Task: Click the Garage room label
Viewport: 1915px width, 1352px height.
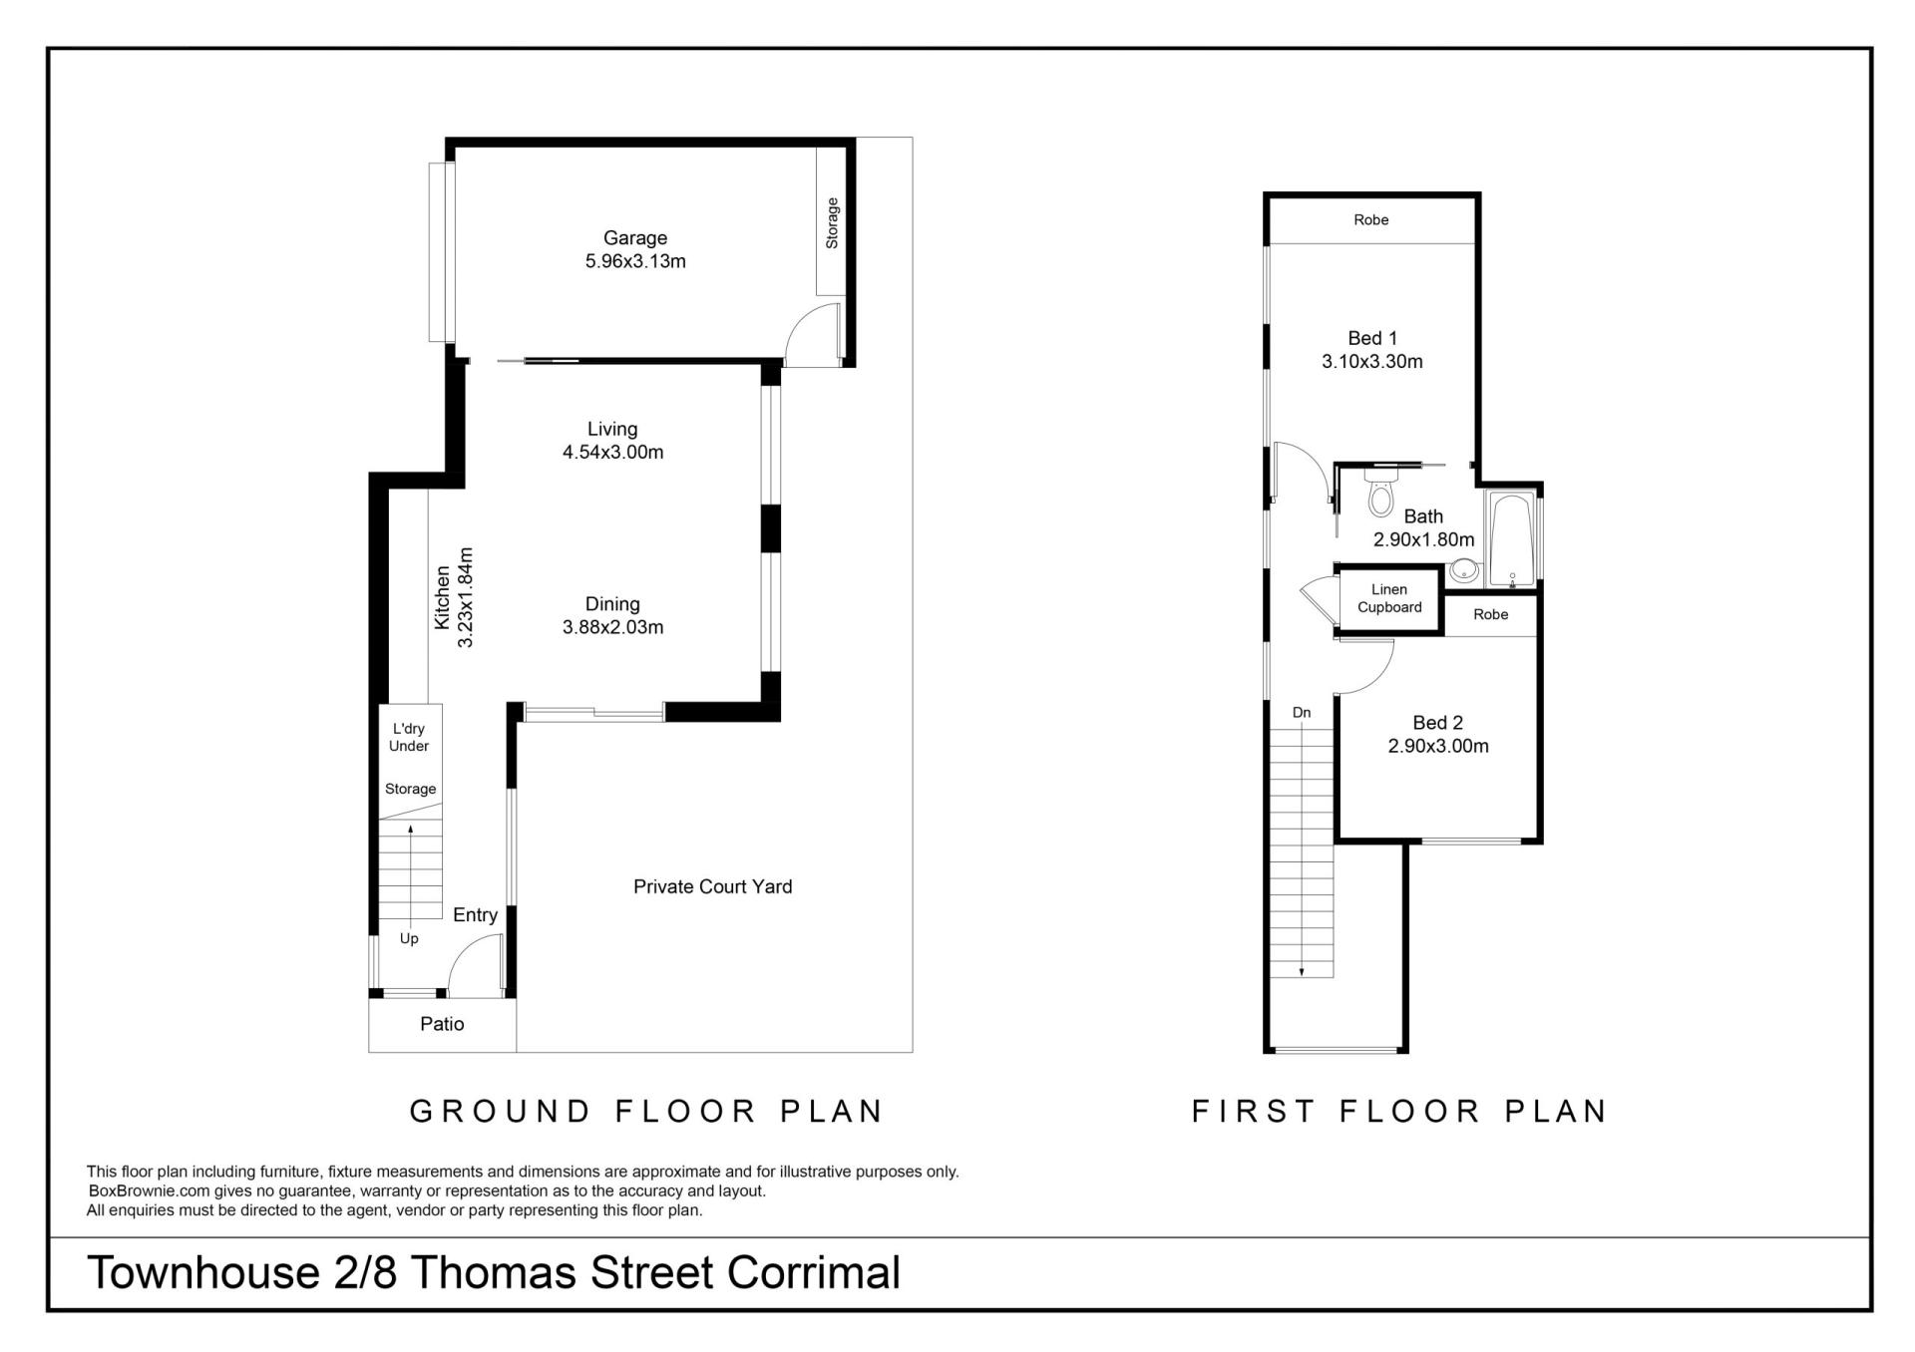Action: pyautogui.click(x=634, y=238)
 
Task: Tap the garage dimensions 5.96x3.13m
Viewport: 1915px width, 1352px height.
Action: pyautogui.click(x=635, y=262)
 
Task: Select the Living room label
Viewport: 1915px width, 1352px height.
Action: pyautogui.click(x=612, y=429)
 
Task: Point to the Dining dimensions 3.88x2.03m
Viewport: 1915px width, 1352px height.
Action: pyautogui.click(x=612, y=627)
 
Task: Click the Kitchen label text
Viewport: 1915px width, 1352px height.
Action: pyautogui.click(x=442, y=598)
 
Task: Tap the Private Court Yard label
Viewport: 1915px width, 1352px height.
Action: pyautogui.click(x=712, y=886)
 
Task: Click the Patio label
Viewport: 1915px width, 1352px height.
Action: pyautogui.click(x=442, y=1024)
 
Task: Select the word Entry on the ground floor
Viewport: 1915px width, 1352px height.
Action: pyautogui.click(x=475, y=915)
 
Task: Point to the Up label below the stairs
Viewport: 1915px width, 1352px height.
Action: pyautogui.click(x=409, y=939)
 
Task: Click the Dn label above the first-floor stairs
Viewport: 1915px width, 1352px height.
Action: pyautogui.click(x=1302, y=713)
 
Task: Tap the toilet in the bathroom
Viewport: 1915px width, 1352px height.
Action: pyautogui.click(x=1380, y=492)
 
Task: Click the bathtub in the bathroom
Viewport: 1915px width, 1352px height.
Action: pyautogui.click(x=1513, y=539)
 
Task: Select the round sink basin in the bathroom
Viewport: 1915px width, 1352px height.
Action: pyautogui.click(x=1464, y=570)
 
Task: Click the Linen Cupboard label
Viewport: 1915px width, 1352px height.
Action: pyautogui.click(x=1389, y=598)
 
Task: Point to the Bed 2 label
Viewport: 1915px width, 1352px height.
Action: pyautogui.click(x=1437, y=723)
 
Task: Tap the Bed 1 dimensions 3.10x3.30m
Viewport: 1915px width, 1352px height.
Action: pyautogui.click(x=1372, y=362)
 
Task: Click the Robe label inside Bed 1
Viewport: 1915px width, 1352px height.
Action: pyautogui.click(x=1371, y=219)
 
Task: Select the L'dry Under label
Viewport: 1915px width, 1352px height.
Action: pyautogui.click(x=409, y=737)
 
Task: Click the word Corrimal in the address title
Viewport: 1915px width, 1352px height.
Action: pyautogui.click(x=814, y=1273)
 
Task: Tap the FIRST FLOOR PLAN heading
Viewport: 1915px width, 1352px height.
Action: pyautogui.click(x=1399, y=1111)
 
